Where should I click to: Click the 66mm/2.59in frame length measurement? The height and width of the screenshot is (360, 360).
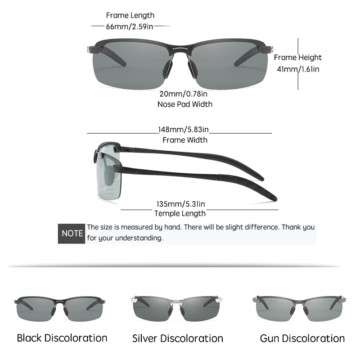click(130, 26)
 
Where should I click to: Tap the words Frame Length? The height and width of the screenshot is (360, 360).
click(130, 16)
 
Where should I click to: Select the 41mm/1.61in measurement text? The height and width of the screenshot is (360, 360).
click(297, 69)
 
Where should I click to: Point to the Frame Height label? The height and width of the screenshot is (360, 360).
click(297, 57)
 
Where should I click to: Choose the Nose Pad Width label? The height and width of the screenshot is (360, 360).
click(184, 104)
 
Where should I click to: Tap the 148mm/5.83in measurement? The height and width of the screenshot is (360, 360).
click(184, 130)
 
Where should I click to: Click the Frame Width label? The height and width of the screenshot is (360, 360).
click(184, 140)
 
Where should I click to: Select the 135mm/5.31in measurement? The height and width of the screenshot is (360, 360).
click(180, 203)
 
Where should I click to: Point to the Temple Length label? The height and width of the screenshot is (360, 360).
click(180, 213)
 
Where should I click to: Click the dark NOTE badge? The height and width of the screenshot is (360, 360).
click(72, 234)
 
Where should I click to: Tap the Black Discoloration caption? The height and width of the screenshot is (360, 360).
click(62, 338)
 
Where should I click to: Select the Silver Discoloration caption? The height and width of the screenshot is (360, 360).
click(178, 338)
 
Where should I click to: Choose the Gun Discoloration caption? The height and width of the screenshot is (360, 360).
click(302, 338)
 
